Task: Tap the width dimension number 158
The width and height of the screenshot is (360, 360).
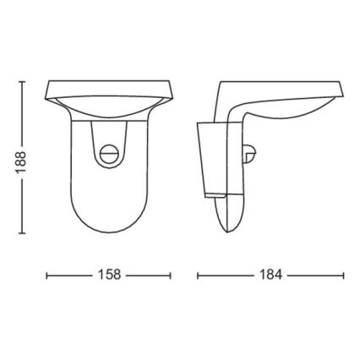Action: click(109, 275)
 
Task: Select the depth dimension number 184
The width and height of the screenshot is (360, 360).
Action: click(270, 275)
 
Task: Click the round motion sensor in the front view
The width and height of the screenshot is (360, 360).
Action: click(108, 153)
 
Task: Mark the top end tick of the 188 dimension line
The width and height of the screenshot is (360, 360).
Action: click(22, 82)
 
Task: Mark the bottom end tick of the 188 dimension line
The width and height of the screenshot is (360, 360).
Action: click(22, 234)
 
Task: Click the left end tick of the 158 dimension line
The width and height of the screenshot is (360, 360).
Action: click(46, 275)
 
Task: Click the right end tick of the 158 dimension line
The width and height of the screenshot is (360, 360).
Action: click(171, 275)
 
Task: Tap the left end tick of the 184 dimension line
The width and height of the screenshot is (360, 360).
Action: click(198, 275)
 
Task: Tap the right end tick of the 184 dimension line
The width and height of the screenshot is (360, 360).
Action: click(343, 275)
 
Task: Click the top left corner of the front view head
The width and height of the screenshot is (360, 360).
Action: click(48, 83)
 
